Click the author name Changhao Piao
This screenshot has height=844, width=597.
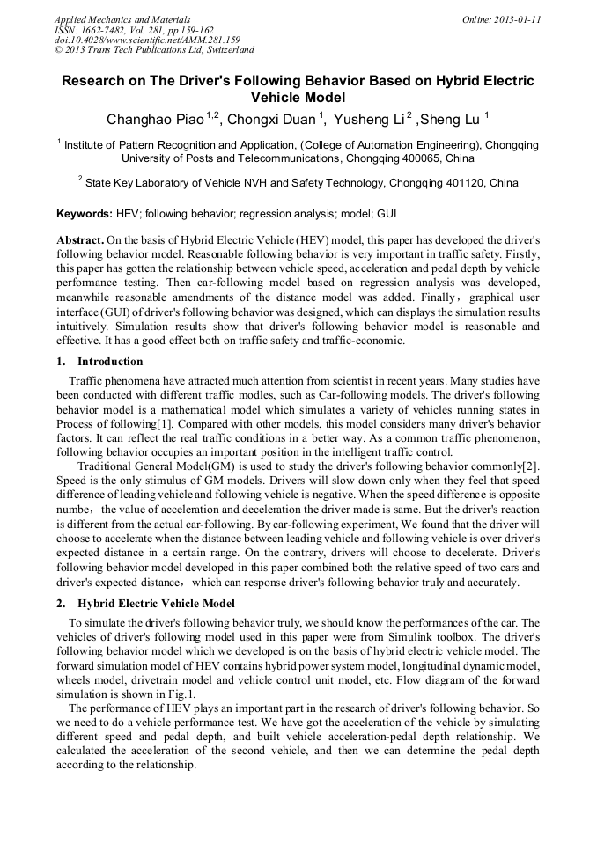tap(155, 119)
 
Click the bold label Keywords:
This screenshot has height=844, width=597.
tap(85, 214)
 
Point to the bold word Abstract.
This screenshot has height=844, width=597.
tap(79, 240)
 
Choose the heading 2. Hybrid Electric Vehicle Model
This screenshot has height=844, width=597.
tap(146, 604)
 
